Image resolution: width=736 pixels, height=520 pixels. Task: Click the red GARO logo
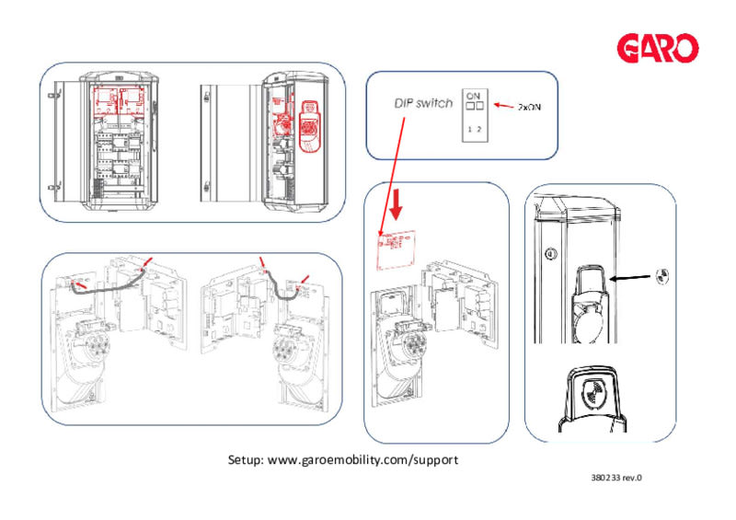click(658, 47)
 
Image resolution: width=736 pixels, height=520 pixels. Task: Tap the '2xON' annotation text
click(529, 107)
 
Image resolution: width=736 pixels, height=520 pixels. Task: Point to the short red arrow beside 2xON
click(501, 106)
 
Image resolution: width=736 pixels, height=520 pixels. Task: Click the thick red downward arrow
click(397, 205)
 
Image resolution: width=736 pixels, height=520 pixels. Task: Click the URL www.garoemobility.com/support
click(362, 458)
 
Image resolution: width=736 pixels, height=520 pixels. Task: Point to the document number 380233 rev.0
click(615, 479)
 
